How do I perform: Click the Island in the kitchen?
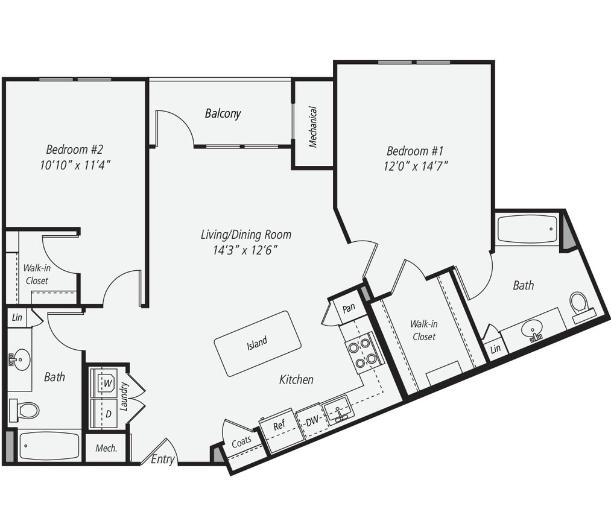[x=258, y=343]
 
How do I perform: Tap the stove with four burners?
[x=363, y=352]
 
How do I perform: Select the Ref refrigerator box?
[x=279, y=426]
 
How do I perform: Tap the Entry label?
[x=162, y=460]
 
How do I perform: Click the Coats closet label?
[x=242, y=441]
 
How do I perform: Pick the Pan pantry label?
[x=348, y=307]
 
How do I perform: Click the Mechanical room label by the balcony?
[x=313, y=127]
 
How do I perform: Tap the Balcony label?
[x=223, y=113]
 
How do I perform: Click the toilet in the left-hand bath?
[x=25, y=410]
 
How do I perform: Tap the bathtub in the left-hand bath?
[x=49, y=446]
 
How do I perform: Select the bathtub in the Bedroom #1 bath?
[x=528, y=230]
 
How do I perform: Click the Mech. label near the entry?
[x=106, y=449]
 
